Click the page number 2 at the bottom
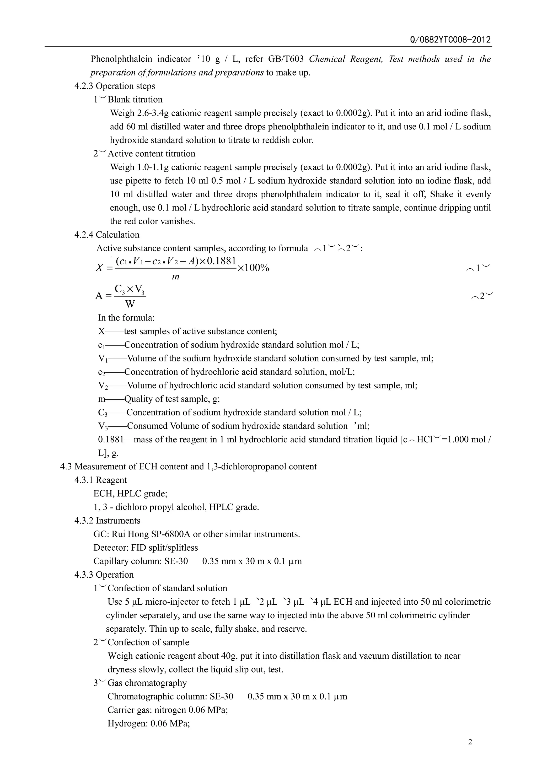pyautogui.click(x=470, y=741)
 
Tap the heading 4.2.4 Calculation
pyautogui.click(x=107, y=235)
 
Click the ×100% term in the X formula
pyautogui.click(x=253, y=268)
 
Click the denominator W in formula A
pyautogui.click(x=130, y=304)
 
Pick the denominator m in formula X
pyautogui.click(x=176, y=277)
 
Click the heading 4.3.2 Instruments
pyautogui.click(x=107, y=521)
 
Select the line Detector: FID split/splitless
pyautogui.click(x=146, y=548)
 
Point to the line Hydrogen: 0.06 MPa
pyautogui.click(x=148, y=723)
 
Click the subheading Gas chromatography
pyautogui.click(x=147, y=683)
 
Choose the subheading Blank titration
pyautogui.click(x=135, y=100)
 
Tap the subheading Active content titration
pyautogui.click(x=152, y=154)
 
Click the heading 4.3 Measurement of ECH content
pyautogui.click(x=188, y=467)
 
